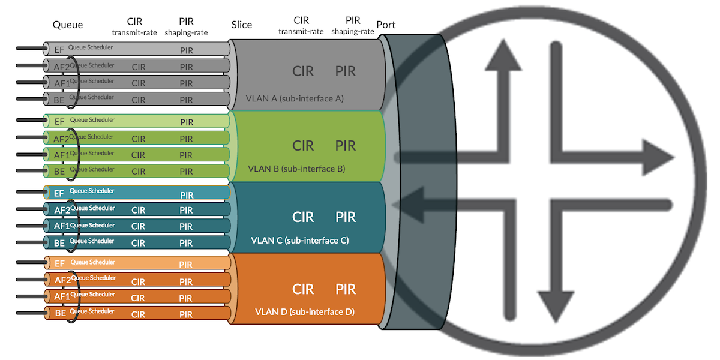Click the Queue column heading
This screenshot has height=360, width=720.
(68, 25)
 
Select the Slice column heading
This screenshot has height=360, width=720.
(242, 25)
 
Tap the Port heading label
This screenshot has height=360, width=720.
(386, 25)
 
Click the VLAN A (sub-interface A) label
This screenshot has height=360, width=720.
(295, 98)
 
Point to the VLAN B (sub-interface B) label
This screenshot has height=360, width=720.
(296, 169)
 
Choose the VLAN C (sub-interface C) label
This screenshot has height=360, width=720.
(299, 241)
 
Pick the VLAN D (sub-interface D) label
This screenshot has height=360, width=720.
(305, 312)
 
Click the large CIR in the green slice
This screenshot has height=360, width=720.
(303, 146)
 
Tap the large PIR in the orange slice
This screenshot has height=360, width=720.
(346, 289)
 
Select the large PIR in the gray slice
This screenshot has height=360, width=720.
(346, 71)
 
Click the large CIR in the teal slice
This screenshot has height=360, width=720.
(303, 217)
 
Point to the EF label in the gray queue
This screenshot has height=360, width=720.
(59, 50)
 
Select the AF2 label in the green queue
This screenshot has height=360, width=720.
(61, 140)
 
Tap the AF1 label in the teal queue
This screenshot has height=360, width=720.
(62, 226)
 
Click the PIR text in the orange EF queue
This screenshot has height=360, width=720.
(186, 265)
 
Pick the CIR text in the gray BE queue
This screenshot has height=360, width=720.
(139, 100)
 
